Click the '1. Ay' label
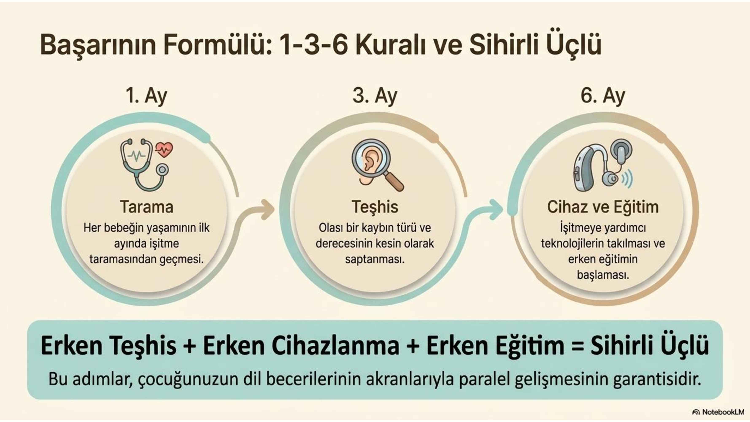coord(146,96)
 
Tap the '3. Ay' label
coord(375,96)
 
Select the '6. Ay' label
coord(603,96)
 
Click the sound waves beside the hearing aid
coord(627,178)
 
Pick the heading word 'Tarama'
coord(146,207)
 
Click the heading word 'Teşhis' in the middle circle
coord(375,207)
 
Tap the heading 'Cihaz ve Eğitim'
coord(603,207)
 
